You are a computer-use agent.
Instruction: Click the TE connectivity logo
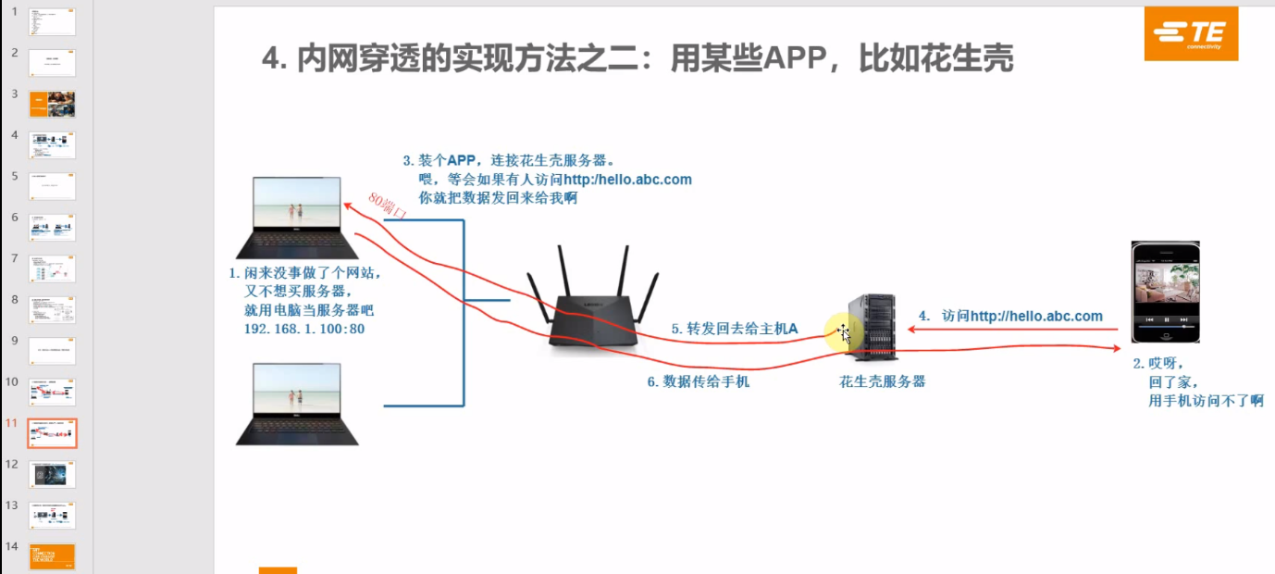(1191, 34)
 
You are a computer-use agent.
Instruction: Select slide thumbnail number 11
(53, 432)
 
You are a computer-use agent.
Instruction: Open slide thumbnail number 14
(53, 556)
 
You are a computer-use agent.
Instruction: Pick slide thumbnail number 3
(53, 104)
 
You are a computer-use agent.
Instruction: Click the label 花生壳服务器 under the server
(882, 381)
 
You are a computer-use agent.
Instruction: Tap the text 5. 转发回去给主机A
(735, 328)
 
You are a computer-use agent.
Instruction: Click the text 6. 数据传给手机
(698, 381)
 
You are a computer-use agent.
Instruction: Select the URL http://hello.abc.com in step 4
(1036, 316)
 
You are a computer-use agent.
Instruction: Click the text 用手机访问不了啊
(1206, 400)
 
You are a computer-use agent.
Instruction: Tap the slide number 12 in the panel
(12, 464)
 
